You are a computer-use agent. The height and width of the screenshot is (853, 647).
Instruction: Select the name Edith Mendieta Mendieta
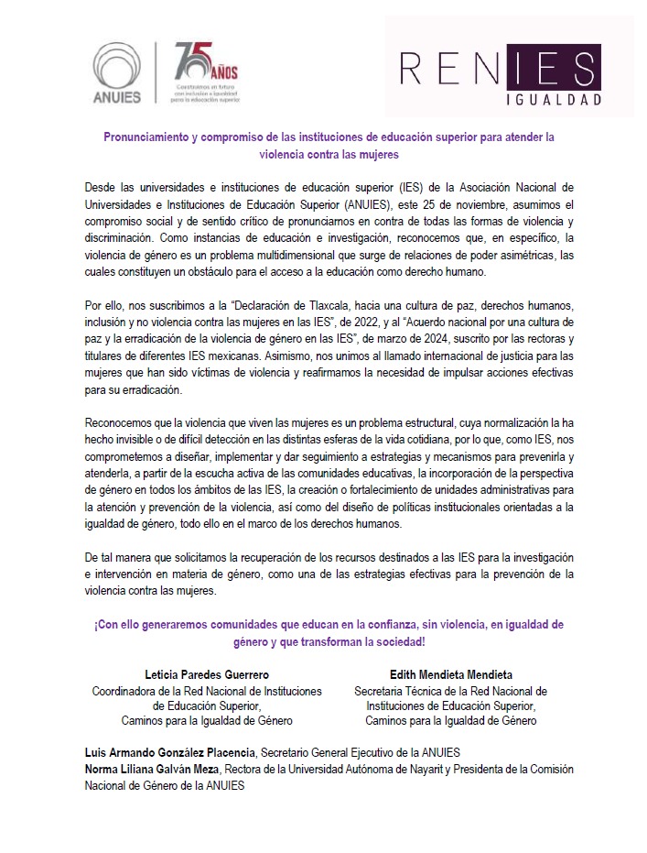450,675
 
